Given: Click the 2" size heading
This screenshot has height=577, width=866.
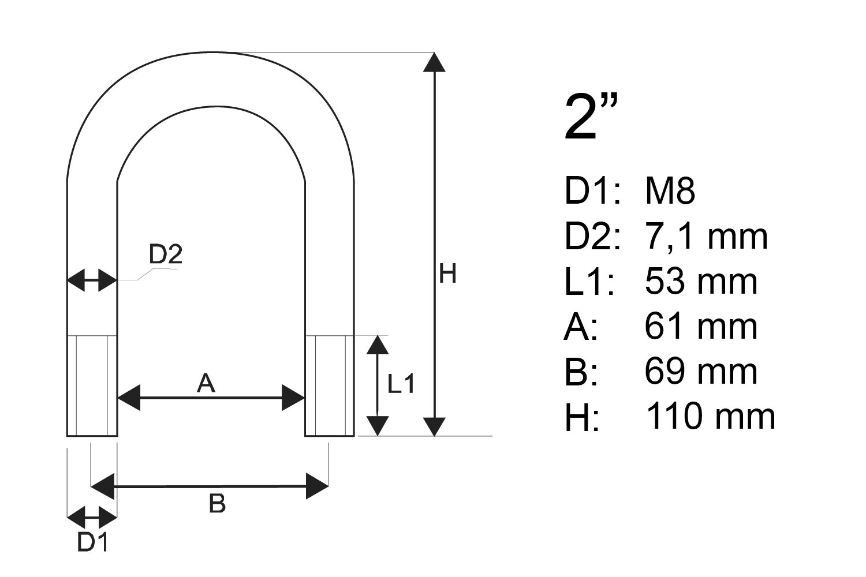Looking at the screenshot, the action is pos(591,117).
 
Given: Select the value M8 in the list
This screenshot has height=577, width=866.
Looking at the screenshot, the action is pos(670,190).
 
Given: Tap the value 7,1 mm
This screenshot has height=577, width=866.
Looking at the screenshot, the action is pos(706,236).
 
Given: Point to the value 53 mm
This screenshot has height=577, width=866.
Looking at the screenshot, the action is pos(700,282).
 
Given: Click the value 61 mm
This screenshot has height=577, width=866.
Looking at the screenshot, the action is pos(700,327).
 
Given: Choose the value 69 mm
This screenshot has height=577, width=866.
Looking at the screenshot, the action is pos(700,372).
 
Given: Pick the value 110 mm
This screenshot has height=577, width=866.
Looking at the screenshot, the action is pos(711,416).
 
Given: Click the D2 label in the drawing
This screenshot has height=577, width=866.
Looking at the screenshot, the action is pos(166,254).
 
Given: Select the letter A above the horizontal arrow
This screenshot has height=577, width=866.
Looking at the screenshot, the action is pos(206,383).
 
